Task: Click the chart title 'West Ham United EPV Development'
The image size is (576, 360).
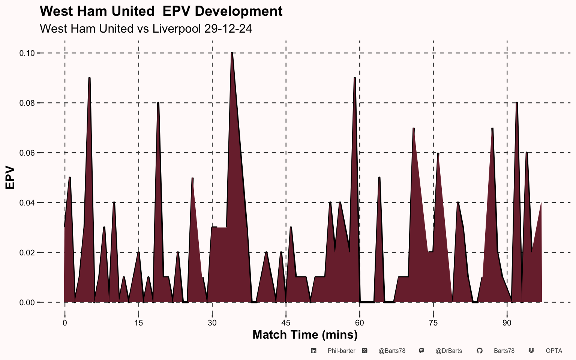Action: click(x=161, y=11)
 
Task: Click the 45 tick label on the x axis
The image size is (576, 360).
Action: click(x=286, y=323)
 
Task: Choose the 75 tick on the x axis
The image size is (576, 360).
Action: click(x=433, y=323)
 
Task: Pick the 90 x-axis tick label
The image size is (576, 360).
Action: click(x=507, y=323)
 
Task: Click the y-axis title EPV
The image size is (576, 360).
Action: click(x=10, y=178)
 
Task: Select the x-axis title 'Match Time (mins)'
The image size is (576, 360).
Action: click(x=305, y=334)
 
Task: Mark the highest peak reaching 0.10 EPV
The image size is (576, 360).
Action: click(x=232, y=53)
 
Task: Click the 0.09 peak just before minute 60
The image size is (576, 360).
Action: click(x=354, y=78)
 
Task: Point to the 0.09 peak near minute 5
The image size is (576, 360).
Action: click(x=89, y=78)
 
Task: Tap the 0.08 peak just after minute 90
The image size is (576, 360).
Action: click(x=517, y=103)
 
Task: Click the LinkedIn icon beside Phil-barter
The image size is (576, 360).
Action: click(x=313, y=351)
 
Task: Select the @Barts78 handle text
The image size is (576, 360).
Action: click(x=392, y=351)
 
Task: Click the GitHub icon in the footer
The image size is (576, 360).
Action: click(x=479, y=351)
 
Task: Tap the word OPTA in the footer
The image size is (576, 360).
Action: click(x=554, y=351)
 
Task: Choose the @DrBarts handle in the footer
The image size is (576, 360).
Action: click(x=449, y=351)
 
